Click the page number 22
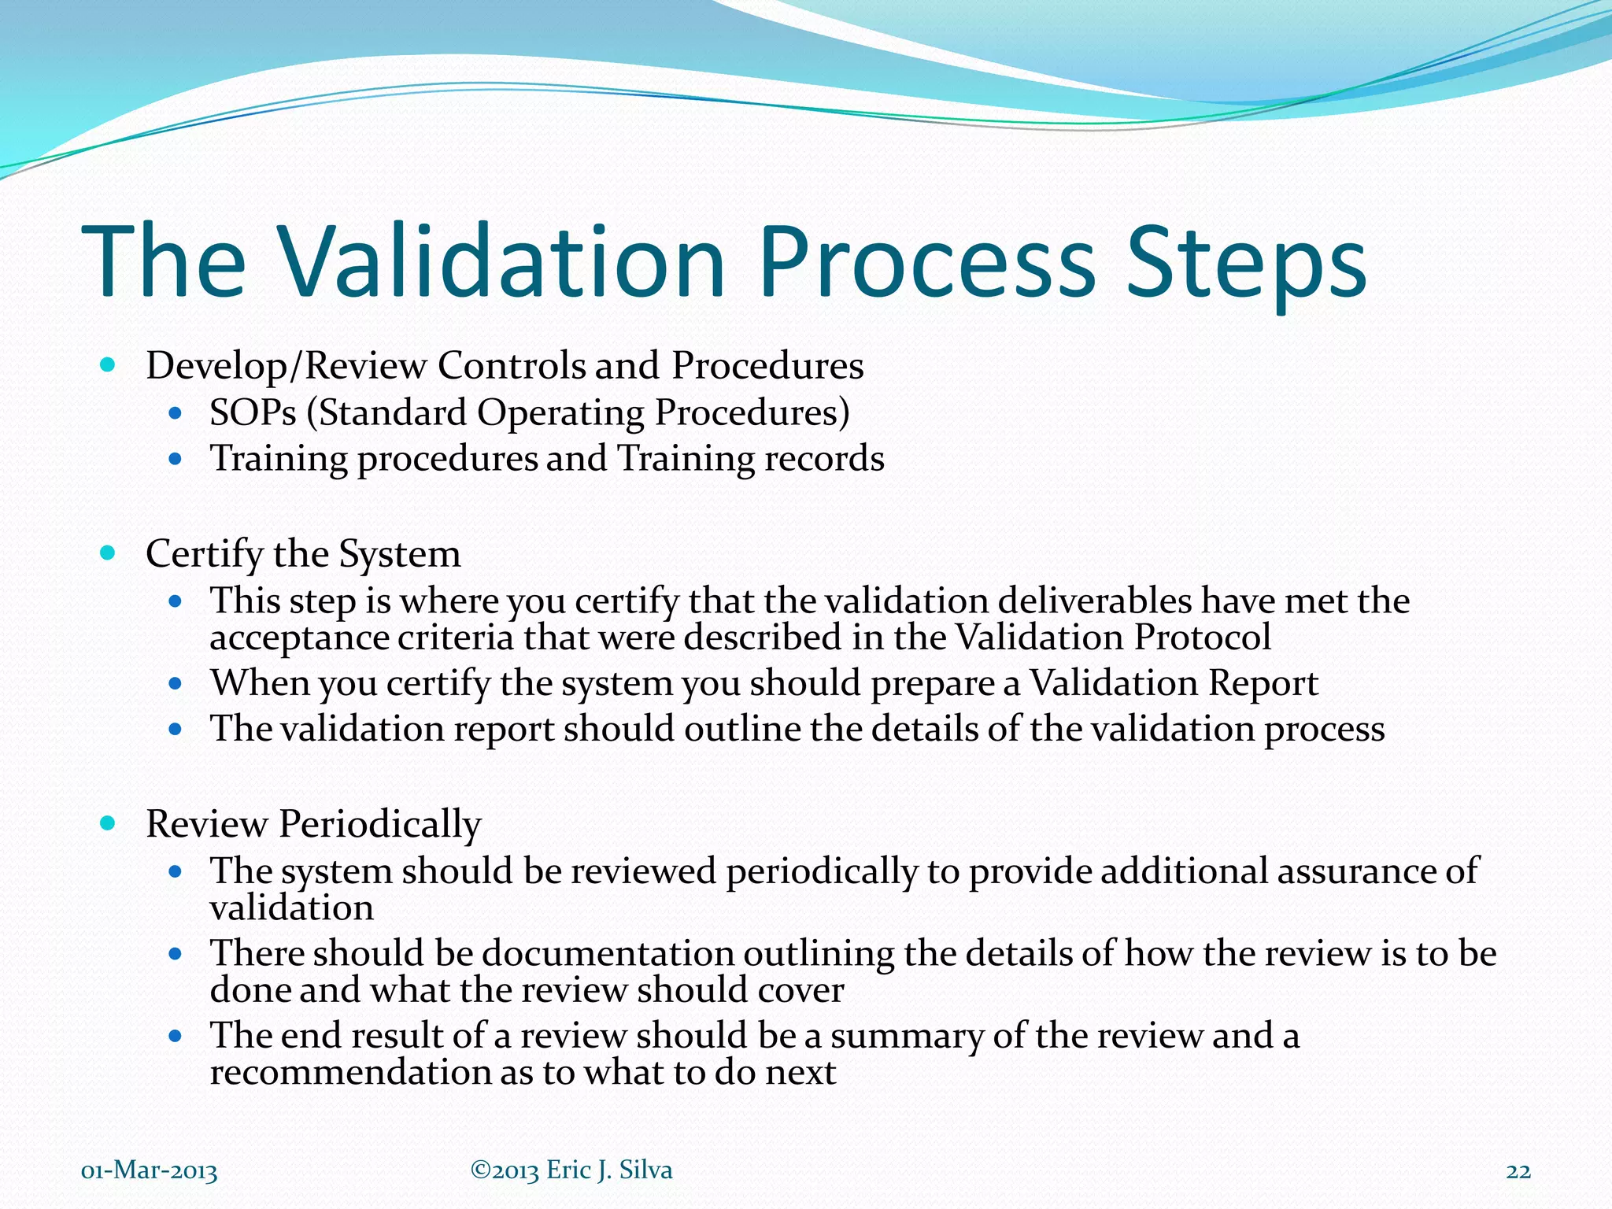coord(1518,1171)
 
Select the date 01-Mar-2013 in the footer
coord(150,1171)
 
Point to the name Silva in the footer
coord(645,1170)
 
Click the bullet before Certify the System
coord(109,553)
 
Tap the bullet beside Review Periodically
coord(109,823)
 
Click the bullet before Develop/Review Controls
coord(109,364)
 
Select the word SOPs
coord(253,412)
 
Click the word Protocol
coord(1202,637)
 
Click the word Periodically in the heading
coord(379,825)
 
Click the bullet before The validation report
coord(176,729)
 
